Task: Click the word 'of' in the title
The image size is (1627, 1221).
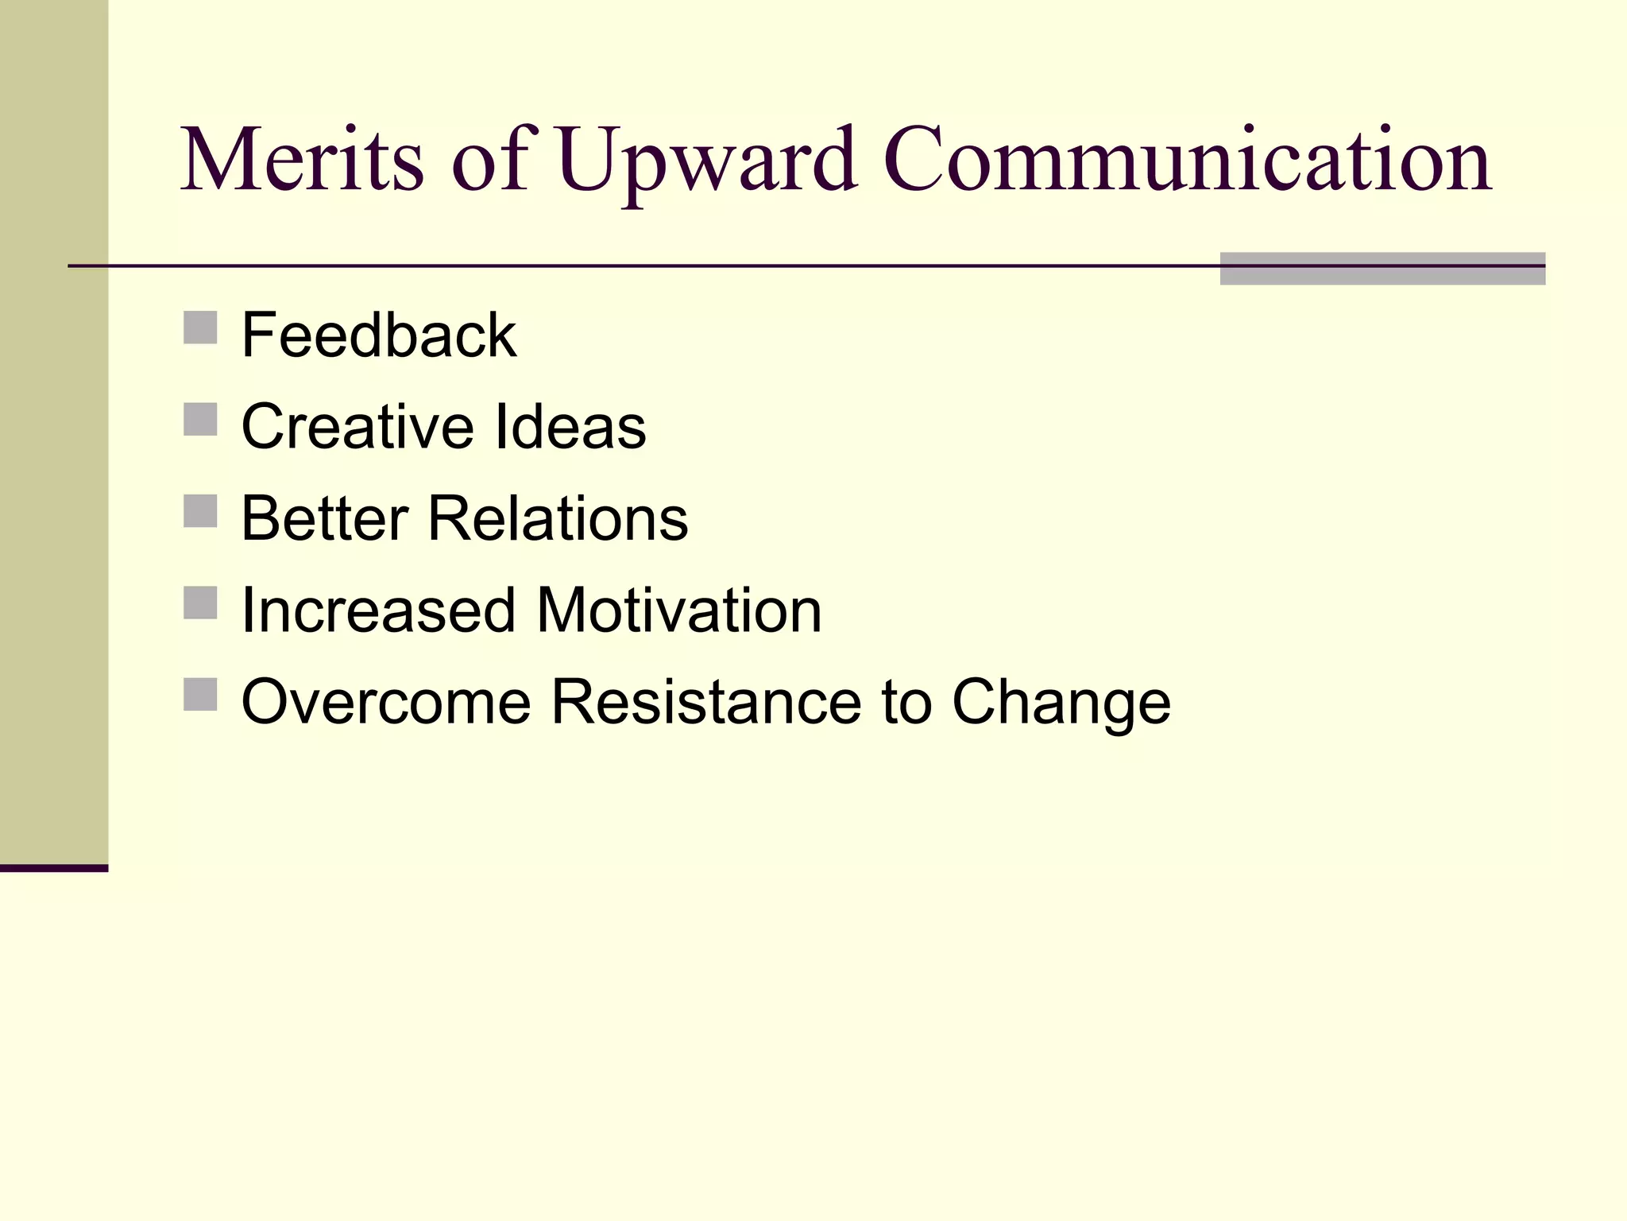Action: click(489, 161)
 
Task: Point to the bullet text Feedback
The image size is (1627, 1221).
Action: click(379, 335)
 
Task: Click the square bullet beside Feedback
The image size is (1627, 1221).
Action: click(200, 328)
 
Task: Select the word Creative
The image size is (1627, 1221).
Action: click(357, 427)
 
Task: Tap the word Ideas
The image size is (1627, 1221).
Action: click(570, 427)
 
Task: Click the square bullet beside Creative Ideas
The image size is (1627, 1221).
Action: click(200, 419)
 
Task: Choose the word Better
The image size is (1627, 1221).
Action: click(324, 518)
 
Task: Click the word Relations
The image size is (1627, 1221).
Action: click(558, 518)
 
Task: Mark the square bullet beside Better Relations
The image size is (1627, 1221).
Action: click(200, 511)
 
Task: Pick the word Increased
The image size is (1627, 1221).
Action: click(378, 610)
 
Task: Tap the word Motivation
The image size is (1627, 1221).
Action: click(679, 610)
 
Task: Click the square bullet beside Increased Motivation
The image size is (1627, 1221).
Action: click(200, 603)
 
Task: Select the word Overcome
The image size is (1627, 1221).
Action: click(386, 702)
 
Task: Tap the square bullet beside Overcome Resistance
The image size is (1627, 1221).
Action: click(200, 694)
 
